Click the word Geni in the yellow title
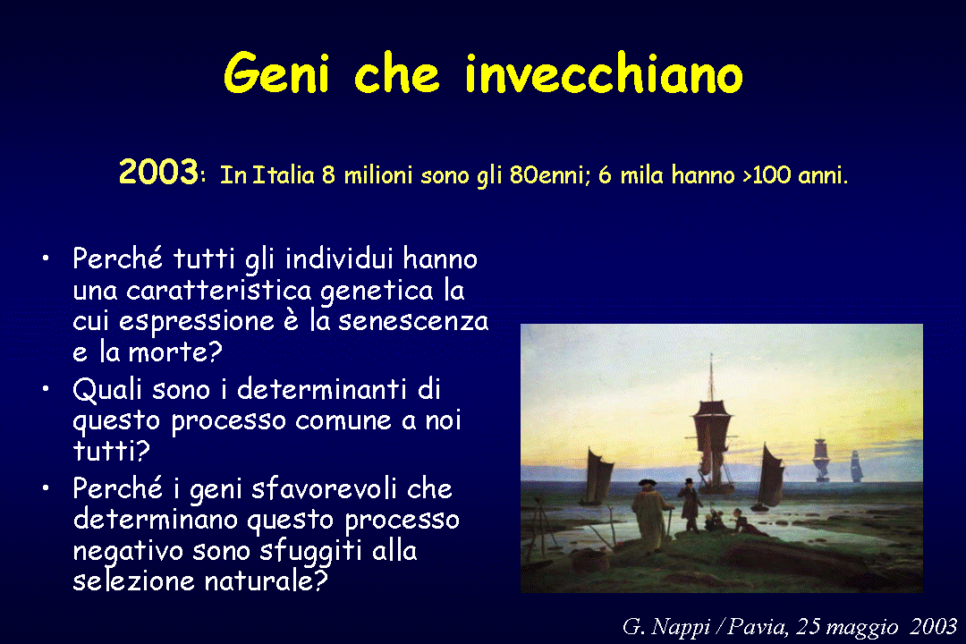276,72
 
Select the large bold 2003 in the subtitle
158,172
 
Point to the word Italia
284,175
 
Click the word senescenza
413,321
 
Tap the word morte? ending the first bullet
175,352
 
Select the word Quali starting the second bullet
107,389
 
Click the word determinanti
322,389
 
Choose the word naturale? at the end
267,580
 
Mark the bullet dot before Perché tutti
46,258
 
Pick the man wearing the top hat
690,504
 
